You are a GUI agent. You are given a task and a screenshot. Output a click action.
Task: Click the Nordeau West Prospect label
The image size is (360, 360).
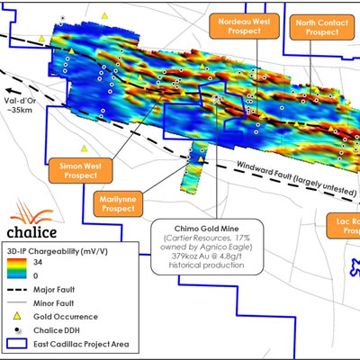240,27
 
